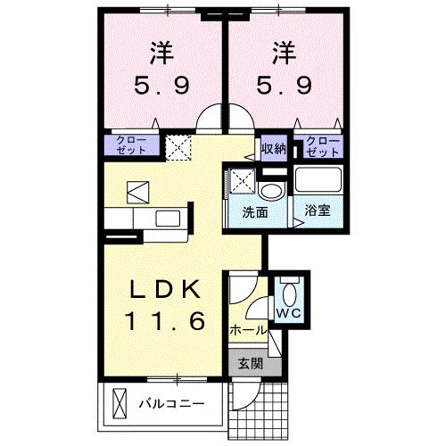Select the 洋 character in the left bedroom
tap(160, 52)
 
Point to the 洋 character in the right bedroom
tap(284, 52)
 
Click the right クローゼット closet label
tap(322, 145)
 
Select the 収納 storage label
tap(273, 148)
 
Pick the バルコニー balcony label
tap(172, 404)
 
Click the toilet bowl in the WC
tap(289, 293)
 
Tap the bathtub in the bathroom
tap(318, 182)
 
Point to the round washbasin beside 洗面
tap(270, 191)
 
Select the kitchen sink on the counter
tap(168, 219)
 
